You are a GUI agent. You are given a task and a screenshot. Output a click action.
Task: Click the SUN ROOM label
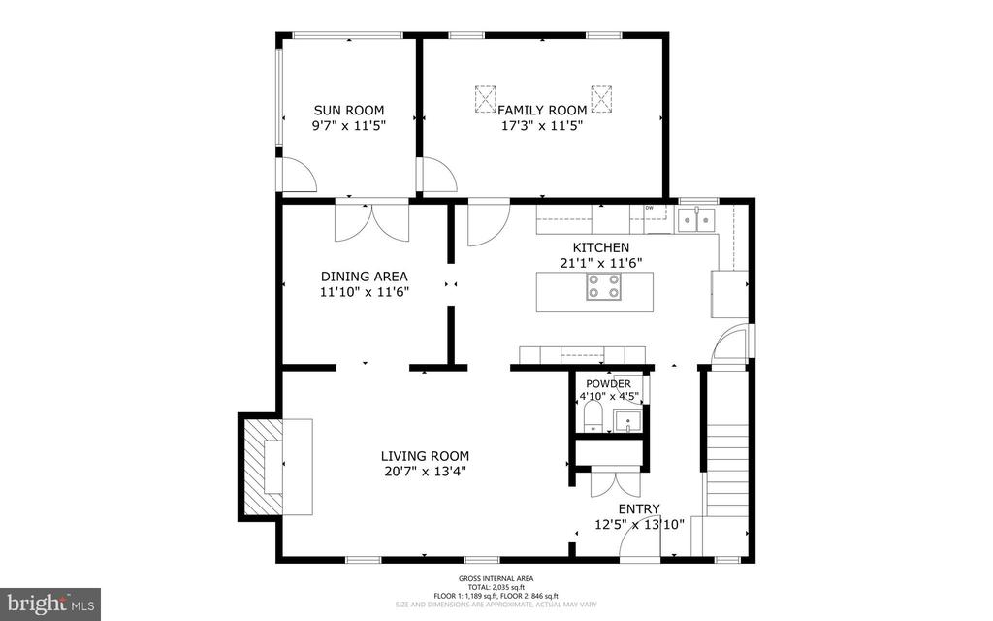pyautogui.click(x=348, y=110)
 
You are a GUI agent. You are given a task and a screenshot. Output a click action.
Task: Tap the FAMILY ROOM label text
pyautogui.click(x=542, y=110)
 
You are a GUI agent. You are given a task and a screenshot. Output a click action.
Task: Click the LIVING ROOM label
pyautogui.click(x=425, y=455)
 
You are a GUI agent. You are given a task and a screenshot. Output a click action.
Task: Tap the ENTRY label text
pyautogui.click(x=639, y=508)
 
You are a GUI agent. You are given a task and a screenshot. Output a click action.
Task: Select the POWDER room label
pyautogui.click(x=608, y=383)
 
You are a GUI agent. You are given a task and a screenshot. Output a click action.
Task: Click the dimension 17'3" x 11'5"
pyautogui.click(x=542, y=125)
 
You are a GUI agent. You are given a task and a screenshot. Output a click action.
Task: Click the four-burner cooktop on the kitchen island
pyautogui.click(x=603, y=286)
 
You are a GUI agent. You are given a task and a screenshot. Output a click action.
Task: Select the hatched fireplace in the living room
pyautogui.click(x=259, y=467)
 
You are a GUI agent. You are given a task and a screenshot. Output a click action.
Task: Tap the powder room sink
pyautogui.click(x=628, y=422)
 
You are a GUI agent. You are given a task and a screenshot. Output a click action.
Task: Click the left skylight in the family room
pyautogui.click(x=484, y=98)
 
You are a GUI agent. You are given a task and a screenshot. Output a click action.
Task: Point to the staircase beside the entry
pyautogui.click(x=724, y=466)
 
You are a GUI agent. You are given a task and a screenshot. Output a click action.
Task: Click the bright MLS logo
pyautogui.click(x=49, y=604)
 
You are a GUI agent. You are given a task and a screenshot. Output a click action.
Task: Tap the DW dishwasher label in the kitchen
pyautogui.click(x=649, y=208)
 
